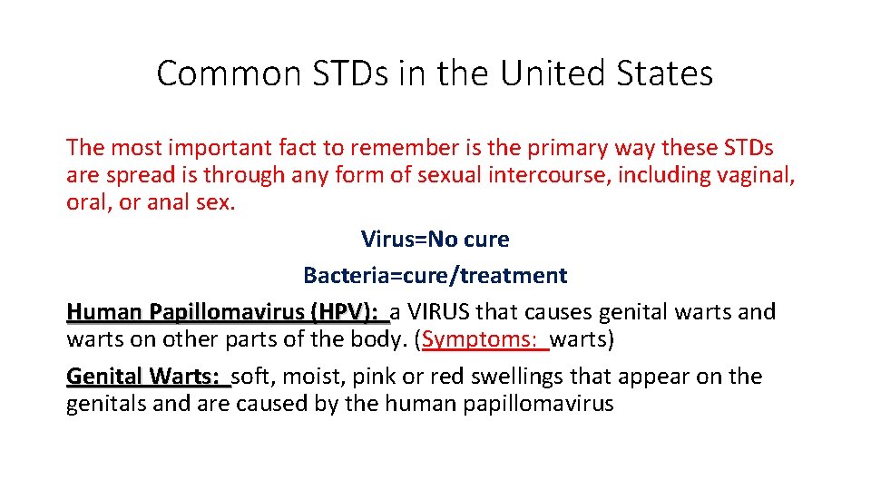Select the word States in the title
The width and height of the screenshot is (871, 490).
(669, 73)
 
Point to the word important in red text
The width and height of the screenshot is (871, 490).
(219, 148)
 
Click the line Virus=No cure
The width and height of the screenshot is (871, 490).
(435, 240)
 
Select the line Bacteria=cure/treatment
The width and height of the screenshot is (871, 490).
(435, 275)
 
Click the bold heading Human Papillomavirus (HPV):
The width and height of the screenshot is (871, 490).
(227, 312)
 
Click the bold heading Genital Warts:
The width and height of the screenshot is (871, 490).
(146, 377)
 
